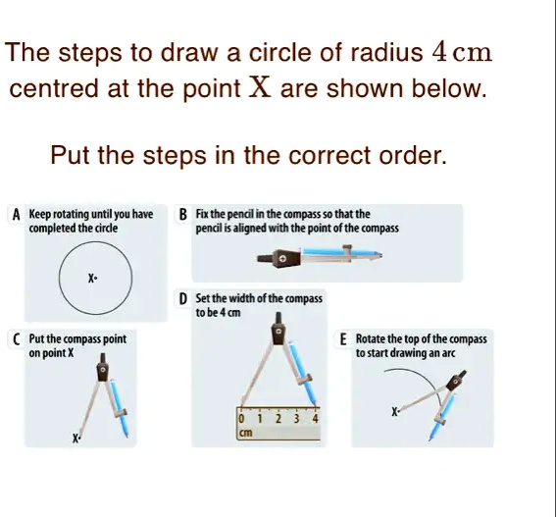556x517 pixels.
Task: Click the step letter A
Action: [16, 215]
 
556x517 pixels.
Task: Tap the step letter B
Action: [183, 215]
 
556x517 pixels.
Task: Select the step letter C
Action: [17, 339]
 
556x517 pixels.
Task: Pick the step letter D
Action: [183, 299]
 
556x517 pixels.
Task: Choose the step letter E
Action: [343, 339]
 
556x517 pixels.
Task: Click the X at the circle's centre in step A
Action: [91, 279]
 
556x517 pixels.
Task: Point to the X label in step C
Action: [76, 439]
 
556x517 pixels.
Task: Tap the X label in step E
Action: [394, 412]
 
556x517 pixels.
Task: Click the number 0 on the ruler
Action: [241, 419]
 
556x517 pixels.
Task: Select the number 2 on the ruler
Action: [278, 419]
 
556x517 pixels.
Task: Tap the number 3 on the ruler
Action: [296, 419]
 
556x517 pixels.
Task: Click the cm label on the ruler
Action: [246, 433]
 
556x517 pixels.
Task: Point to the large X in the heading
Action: [260, 87]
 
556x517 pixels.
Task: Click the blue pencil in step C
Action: [120, 408]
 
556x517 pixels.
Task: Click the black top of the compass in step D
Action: [278, 328]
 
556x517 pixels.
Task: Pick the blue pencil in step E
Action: [441, 417]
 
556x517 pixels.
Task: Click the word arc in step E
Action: [448, 353]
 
